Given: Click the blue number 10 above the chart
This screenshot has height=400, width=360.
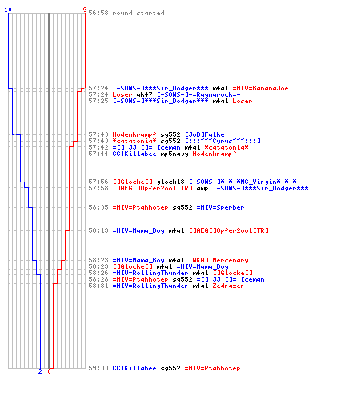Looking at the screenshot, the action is tap(8, 10).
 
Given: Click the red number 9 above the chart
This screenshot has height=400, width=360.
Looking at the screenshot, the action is tap(85, 10).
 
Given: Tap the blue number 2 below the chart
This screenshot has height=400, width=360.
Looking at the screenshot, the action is tap(40, 371).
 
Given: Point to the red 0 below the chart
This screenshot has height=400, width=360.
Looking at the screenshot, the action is tap(49, 371).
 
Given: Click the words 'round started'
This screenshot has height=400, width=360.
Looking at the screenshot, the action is tap(138, 13).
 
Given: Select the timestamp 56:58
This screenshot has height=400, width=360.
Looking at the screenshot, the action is tap(98, 13).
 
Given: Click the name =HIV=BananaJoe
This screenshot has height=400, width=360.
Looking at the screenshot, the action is tap(260, 88).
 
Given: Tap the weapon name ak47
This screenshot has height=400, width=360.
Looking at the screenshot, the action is tap(144, 94).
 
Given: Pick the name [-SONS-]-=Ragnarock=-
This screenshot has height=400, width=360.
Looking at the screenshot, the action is tap(198, 94).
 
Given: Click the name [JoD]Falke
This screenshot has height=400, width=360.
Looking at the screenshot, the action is tap(205, 134).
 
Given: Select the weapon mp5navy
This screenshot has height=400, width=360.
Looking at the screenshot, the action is tap(174, 154).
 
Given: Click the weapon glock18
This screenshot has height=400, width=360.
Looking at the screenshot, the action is tap(170, 182).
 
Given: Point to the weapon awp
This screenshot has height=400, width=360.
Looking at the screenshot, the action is tap(202, 188).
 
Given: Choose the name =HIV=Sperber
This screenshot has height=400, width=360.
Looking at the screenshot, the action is tap(220, 207).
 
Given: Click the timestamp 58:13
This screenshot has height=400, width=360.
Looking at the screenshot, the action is tap(98, 230).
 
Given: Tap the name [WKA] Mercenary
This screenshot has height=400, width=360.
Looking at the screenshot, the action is tap(218, 260).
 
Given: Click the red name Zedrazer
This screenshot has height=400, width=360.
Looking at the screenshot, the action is tap(228, 286).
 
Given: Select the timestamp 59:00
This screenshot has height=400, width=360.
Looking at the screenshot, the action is tap(98, 368).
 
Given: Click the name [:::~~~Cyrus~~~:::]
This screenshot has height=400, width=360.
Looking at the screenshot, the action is tap(222, 141).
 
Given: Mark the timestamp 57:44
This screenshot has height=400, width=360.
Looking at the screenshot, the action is tap(98, 154).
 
